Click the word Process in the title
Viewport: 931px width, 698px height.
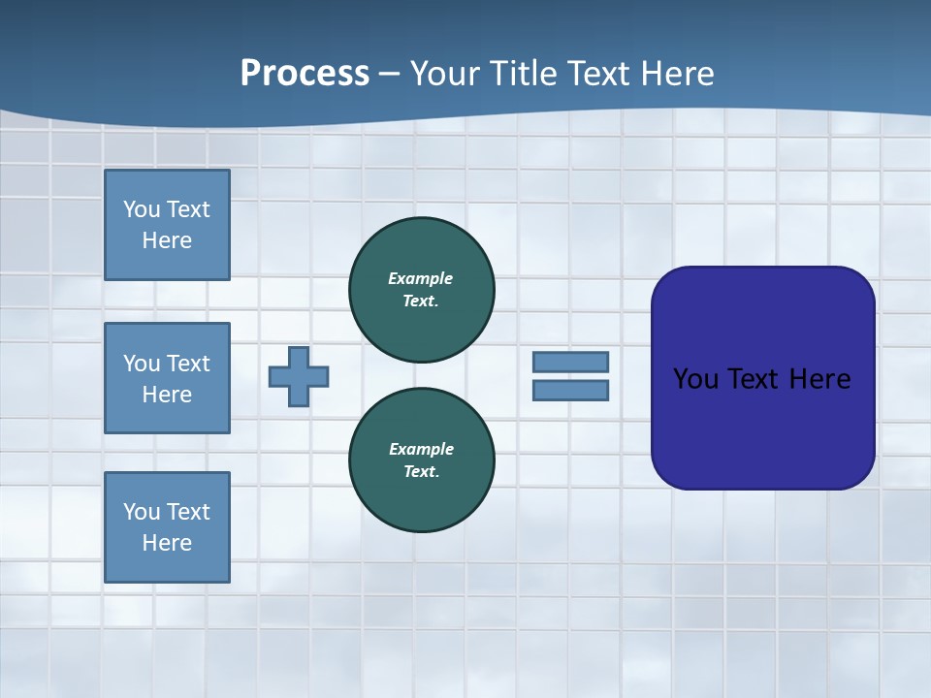(x=305, y=74)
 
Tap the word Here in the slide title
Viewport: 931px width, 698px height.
(x=678, y=74)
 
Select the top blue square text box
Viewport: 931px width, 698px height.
(x=167, y=225)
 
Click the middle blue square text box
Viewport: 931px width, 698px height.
(x=167, y=378)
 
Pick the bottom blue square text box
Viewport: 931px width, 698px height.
(x=167, y=526)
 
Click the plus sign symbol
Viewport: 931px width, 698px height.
(x=299, y=376)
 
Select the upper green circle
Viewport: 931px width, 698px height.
(x=422, y=289)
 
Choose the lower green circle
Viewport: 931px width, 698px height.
(x=422, y=460)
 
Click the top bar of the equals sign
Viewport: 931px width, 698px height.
(x=570, y=362)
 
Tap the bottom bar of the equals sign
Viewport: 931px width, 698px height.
(x=570, y=391)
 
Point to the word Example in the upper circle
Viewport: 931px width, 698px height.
(x=421, y=278)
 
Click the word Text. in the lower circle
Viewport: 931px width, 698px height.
(x=422, y=471)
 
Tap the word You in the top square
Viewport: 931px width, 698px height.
(x=142, y=209)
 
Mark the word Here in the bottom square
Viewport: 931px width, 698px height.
(x=167, y=543)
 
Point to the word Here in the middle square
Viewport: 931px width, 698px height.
(x=167, y=395)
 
